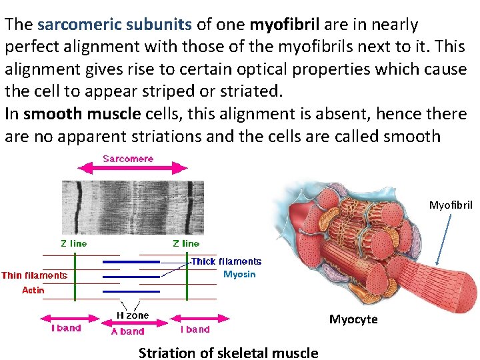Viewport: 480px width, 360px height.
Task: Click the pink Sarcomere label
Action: pyautogui.click(x=128, y=159)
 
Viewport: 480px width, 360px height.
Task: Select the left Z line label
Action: pyautogui.click(x=73, y=243)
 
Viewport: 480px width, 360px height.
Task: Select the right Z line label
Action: pyautogui.click(x=186, y=243)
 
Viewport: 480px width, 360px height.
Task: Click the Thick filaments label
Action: pyautogui.click(x=227, y=261)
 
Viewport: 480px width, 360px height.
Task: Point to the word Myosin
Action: pyautogui.click(x=239, y=274)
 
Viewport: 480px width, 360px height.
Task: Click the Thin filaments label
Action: pyautogui.click(x=35, y=275)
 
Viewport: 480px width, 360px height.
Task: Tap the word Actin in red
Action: pyautogui.click(x=33, y=290)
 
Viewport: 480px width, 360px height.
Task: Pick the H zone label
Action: pyautogui.click(x=133, y=315)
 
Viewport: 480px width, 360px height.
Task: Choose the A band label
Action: pyautogui.click(x=127, y=331)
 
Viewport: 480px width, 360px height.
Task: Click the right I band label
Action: pyautogui.click(x=195, y=329)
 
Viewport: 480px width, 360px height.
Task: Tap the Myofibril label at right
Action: pyautogui.click(x=451, y=205)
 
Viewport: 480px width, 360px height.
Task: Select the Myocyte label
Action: pyautogui.click(x=353, y=319)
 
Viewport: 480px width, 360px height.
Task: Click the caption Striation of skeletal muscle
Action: pyautogui.click(x=228, y=353)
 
